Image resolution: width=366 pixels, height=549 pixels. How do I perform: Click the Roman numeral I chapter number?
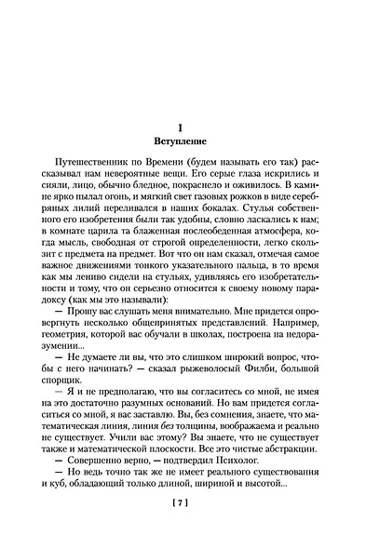183,131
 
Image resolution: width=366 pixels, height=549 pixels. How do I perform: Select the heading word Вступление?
183,146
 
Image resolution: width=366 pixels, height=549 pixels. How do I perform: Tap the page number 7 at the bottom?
183,530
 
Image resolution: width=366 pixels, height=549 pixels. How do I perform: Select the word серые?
240,186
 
